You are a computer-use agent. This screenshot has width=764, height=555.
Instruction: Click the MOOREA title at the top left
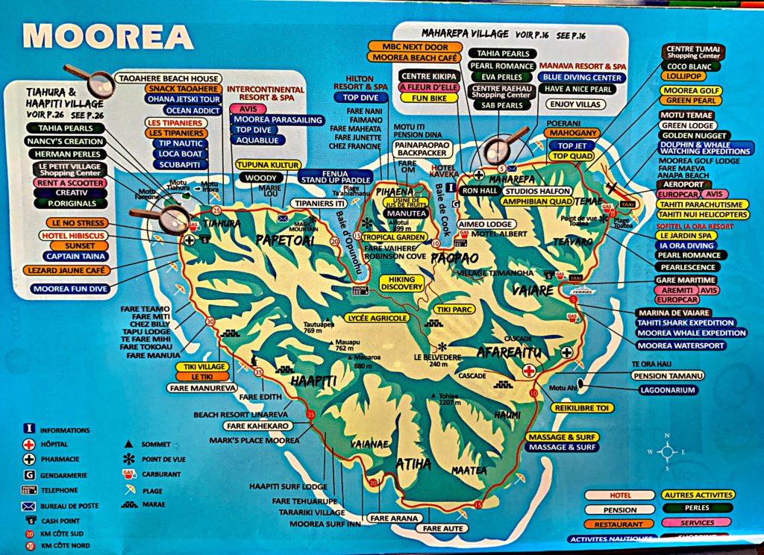click(x=108, y=35)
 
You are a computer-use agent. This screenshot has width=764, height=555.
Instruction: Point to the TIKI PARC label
click(x=454, y=308)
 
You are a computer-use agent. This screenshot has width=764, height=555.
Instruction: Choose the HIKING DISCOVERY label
click(x=402, y=283)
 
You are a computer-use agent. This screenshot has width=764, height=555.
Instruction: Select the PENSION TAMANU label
click(x=657, y=376)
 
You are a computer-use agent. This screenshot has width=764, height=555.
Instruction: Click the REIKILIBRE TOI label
click(x=583, y=408)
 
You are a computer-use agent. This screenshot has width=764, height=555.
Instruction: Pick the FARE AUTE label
click(x=443, y=528)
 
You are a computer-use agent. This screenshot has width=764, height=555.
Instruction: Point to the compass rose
click(x=668, y=451)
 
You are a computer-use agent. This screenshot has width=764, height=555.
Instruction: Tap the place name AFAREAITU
click(x=507, y=348)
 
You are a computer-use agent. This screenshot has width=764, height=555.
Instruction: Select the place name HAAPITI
click(x=314, y=381)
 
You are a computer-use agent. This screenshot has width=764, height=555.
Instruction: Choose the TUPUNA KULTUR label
click(x=268, y=164)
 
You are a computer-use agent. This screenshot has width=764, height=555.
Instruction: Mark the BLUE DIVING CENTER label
click(x=582, y=77)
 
